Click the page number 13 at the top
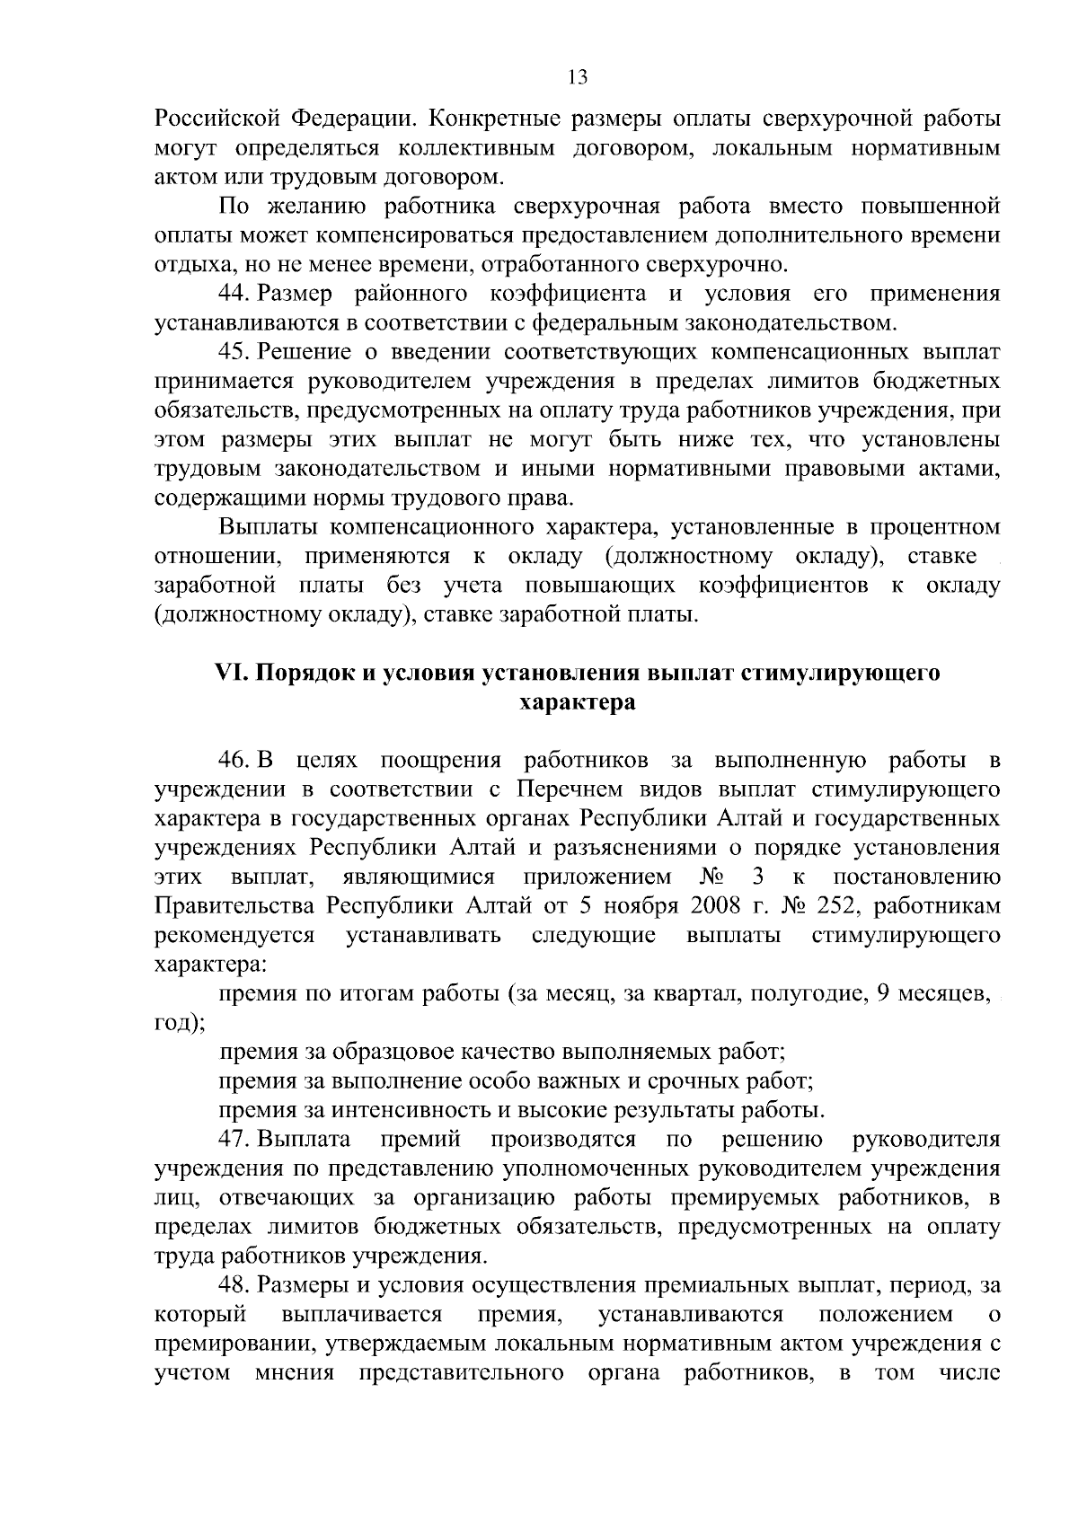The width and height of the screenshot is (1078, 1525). tap(578, 77)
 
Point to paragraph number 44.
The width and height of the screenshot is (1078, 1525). tap(234, 295)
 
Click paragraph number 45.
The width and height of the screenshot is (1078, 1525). tap(234, 353)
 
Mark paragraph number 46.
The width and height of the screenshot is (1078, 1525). tap(234, 761)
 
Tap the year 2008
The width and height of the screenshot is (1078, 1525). tap(715, 906)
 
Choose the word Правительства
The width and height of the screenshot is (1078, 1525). tap(235, 906)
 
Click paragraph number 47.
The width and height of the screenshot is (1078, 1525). tap(234, 1140)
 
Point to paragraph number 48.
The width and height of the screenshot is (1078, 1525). tap(234, 1285)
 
